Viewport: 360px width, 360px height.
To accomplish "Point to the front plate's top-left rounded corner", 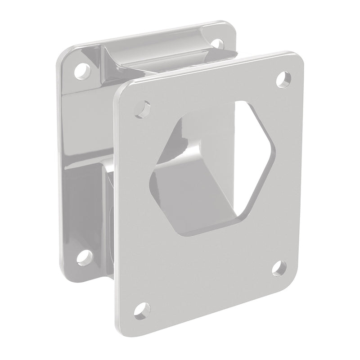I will point(121,89).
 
